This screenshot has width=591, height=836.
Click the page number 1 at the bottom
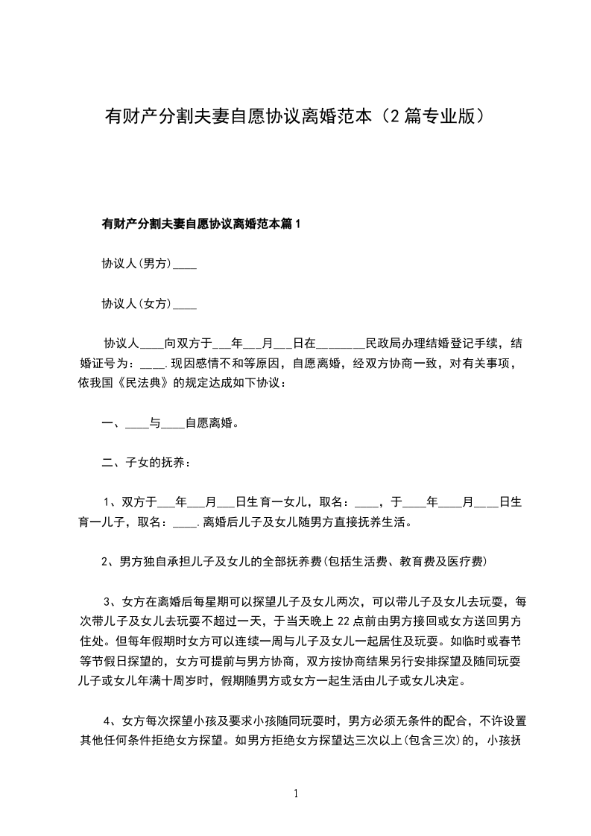coord(296,794)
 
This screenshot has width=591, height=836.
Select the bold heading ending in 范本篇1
coord(200,224)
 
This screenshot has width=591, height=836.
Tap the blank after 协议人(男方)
coord(185,264)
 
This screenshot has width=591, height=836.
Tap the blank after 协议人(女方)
coord(185,304)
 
